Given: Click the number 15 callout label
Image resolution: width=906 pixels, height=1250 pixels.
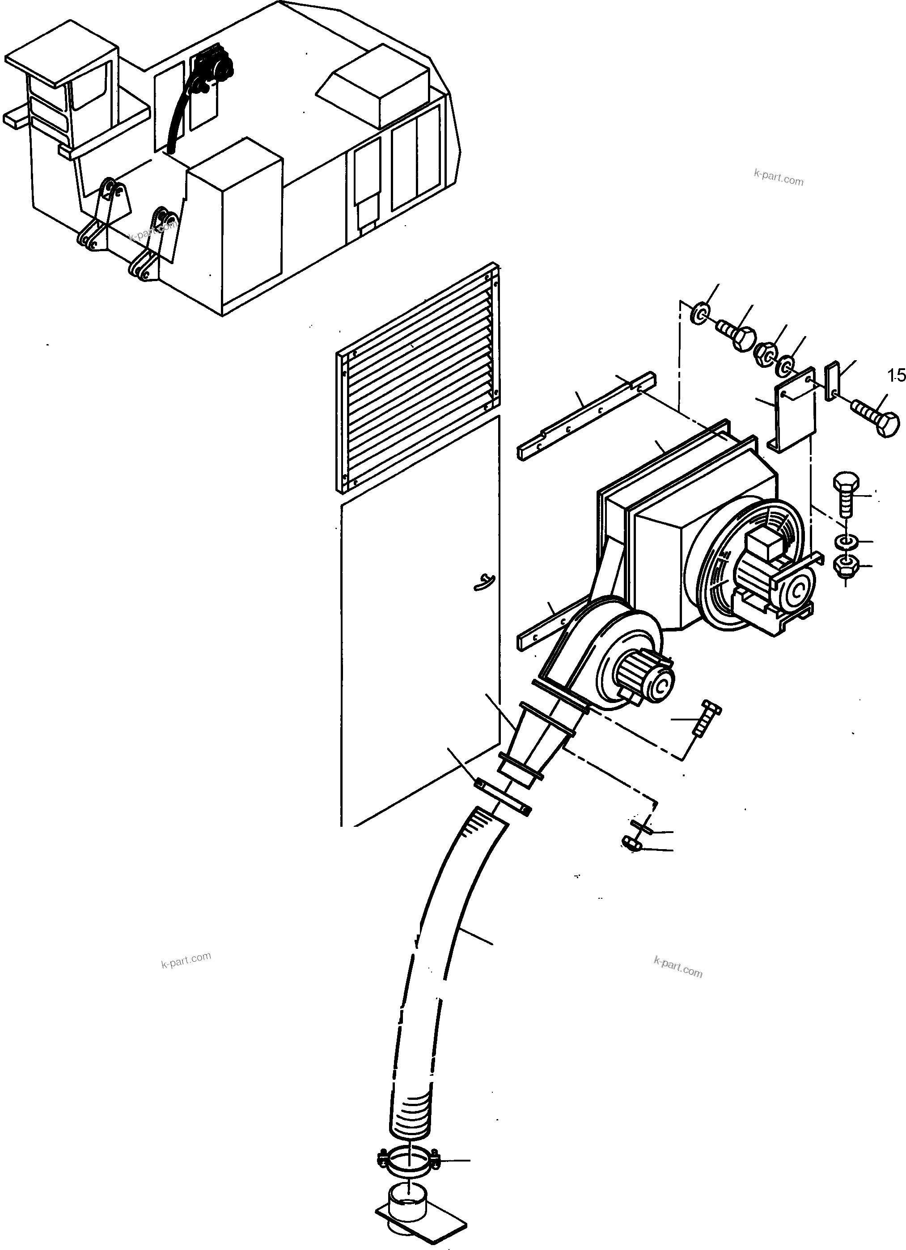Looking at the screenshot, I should click(897, 376).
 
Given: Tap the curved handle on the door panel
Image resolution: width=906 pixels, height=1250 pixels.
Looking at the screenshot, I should click(484, 581).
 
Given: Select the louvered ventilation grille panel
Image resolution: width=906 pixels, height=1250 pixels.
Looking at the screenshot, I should click(419, 380).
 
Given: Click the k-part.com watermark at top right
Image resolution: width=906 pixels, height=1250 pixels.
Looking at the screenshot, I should click(778, 179).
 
